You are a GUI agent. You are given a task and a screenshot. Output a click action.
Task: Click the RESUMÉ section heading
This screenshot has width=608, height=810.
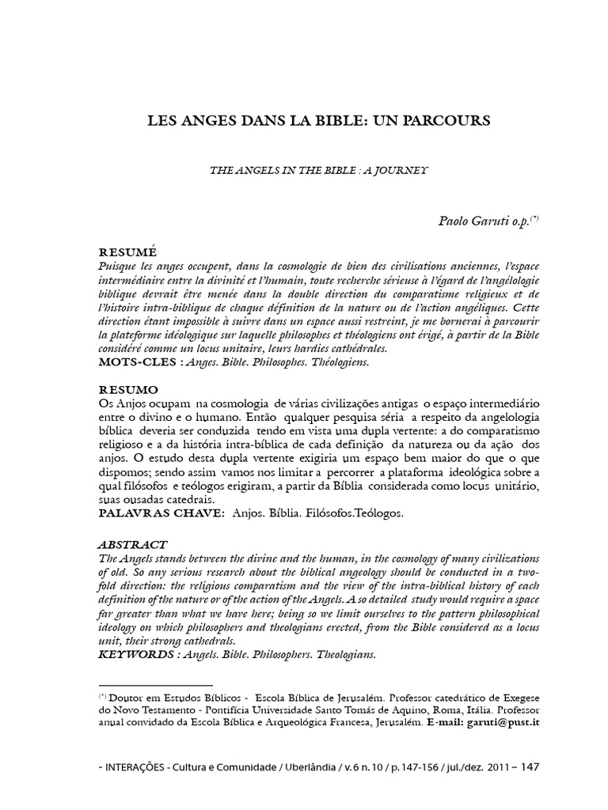pyautogui.click(x=124, y=250)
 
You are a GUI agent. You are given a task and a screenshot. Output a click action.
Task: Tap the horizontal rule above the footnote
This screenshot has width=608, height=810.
pyautogui.click(x=155, y=686)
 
